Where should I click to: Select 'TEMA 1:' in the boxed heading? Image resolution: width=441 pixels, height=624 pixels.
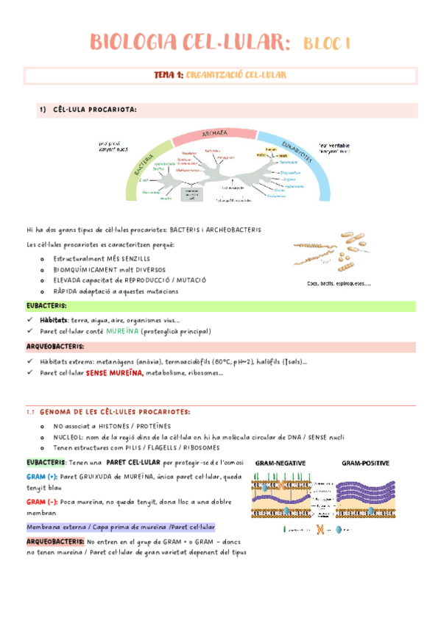[169, 75]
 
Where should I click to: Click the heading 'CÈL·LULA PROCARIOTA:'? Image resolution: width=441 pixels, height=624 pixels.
[95, 110]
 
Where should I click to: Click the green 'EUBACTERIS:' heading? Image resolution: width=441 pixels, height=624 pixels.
[46, 305]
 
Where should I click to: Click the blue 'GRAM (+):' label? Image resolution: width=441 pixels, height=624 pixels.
[43, 476]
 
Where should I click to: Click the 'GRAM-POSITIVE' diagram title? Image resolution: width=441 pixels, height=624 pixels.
[365, 463]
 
